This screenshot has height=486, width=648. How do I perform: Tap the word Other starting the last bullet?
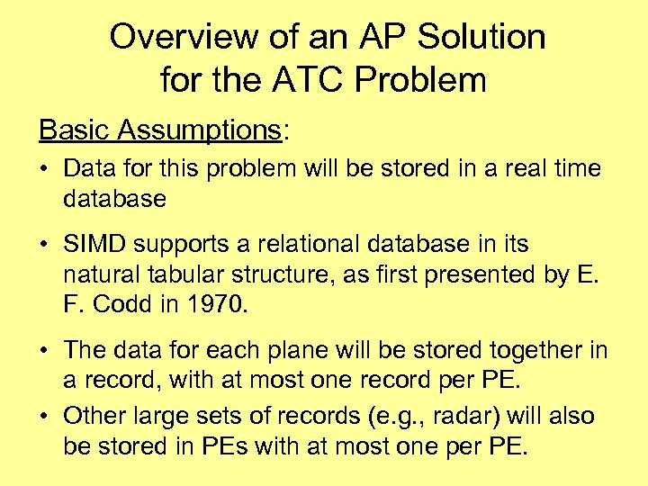click(x=96, y=417)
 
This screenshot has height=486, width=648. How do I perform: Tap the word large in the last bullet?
click(x=167, y=417)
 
